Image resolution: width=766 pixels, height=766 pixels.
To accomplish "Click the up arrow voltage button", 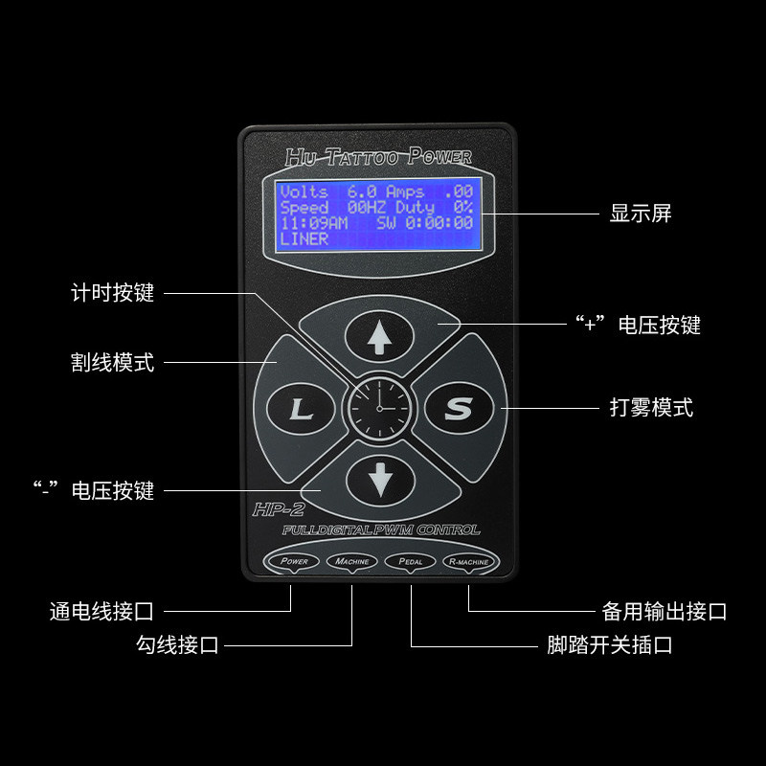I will point(381,336).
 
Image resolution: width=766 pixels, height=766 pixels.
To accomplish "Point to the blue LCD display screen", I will point(376,214).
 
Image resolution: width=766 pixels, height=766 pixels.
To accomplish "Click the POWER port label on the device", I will point(294,561).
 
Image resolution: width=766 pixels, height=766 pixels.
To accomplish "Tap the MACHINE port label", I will point(351,561).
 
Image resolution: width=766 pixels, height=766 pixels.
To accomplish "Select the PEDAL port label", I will point(410,561).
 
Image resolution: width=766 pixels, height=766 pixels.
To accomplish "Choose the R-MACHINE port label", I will point(468,561).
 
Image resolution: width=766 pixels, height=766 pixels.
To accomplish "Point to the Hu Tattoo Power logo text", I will point(378,157).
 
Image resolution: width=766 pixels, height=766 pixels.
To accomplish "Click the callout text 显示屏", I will point(641,213).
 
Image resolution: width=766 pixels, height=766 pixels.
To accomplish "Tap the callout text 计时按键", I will point(113,292).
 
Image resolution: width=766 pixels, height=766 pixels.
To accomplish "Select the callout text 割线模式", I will point(113,363).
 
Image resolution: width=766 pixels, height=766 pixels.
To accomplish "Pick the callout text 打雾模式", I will point(651,407).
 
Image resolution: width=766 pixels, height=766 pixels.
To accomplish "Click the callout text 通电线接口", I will point(101,610).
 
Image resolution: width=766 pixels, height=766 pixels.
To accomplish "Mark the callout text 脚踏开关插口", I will point(604,644).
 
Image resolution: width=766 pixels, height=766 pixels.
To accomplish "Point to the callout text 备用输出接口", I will point(665,611).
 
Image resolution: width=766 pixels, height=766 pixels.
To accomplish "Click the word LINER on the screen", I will point(304,238).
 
